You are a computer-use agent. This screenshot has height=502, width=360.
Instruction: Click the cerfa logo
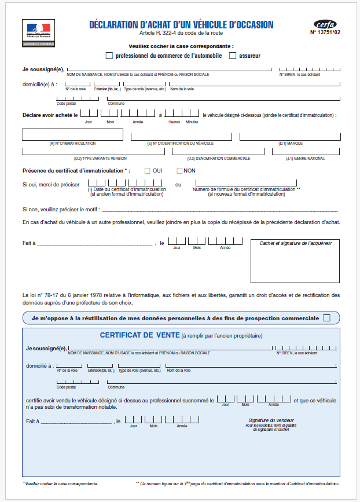tap(325, 24)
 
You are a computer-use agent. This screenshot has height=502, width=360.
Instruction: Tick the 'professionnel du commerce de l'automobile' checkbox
tap(109, 56)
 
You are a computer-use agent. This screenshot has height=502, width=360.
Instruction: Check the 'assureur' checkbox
tap(233, 56)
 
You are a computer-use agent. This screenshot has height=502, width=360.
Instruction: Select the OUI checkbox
tap(148, 171)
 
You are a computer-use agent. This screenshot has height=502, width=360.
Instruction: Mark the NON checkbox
tap(179, 171)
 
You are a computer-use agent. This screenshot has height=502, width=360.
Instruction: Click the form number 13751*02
tap(324, 32)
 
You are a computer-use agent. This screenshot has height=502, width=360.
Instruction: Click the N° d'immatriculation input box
tap(72, 134)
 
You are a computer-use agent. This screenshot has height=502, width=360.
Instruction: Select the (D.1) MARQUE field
tap(289, 137)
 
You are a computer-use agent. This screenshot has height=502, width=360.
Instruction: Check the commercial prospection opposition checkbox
tap(326, 318)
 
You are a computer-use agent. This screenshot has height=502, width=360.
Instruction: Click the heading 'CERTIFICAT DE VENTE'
tap(139, 335)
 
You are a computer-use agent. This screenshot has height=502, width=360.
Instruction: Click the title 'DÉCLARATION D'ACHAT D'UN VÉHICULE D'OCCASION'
tap(181, 25)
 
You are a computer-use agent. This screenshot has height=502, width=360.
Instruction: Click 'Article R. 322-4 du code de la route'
tap(181, 34)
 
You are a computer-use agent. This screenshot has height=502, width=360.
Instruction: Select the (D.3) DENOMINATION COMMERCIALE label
tap(218, 158)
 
